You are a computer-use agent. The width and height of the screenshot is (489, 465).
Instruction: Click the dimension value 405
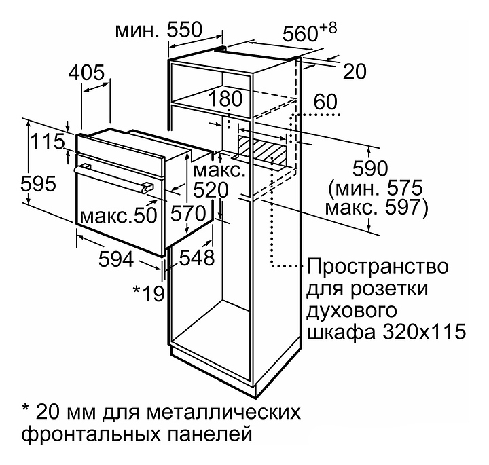[x=86, y=73]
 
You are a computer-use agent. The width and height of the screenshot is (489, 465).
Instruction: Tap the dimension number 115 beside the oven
[x=48, y=142]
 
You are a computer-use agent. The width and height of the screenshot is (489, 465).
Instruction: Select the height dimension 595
[x=38, y=183]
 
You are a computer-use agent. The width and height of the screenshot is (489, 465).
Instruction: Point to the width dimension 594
[x=116, y=259]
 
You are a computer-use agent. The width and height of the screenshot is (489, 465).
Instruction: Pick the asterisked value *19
[x=149, y=293]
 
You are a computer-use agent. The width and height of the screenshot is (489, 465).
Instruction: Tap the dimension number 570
[x=188, y=214]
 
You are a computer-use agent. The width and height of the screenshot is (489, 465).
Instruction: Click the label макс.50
[x=118, y=215]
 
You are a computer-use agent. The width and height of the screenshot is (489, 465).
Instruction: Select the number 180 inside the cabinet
[x=225, y=98]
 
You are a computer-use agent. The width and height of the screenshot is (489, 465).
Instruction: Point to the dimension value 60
[x=325, y=101]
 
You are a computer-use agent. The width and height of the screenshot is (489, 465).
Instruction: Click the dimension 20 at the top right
[x=355, y=72]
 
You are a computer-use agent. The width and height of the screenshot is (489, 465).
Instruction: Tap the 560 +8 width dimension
[x=310, y=32]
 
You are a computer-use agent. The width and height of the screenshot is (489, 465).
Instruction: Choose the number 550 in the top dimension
[x=185, y=30]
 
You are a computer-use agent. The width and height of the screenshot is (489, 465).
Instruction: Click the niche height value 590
[x=370, y=168]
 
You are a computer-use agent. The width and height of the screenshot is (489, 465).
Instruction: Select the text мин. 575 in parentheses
[x=376, y=188]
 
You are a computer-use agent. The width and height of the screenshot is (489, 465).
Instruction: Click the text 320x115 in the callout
[x=424, y=332]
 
